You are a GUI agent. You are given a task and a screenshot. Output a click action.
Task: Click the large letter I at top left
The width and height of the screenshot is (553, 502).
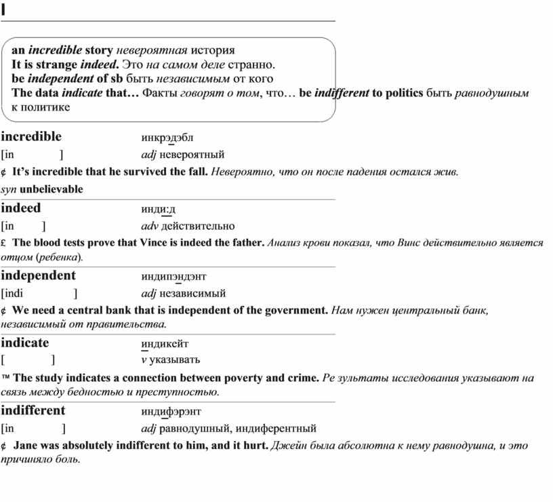click(x=3, y=9)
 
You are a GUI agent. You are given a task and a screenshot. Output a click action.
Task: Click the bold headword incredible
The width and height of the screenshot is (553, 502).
click(x=31, y=137)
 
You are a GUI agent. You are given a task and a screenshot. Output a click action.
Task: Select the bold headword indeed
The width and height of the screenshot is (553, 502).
click(x=21, y=208)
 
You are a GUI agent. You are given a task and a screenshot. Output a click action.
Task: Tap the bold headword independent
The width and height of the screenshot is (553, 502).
click(x=39, y=275)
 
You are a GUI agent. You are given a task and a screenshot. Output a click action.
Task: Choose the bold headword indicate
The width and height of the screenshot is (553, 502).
click(x=25, y=343)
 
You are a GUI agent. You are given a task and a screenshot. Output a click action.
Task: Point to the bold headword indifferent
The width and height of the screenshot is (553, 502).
click(x=33, y=410)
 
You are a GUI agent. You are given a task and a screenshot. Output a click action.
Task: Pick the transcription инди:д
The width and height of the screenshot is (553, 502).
click(x=159, y=209)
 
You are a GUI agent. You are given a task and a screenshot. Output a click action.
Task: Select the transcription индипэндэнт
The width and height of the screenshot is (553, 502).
click(x=173, y=276)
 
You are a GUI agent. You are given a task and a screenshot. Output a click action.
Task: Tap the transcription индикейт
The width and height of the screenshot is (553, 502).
click(x=165, y=343)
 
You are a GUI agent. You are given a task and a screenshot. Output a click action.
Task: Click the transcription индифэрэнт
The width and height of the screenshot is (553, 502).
click(x=171, y=411)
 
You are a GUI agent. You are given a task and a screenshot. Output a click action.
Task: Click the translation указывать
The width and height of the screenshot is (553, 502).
click(x=175, y=360)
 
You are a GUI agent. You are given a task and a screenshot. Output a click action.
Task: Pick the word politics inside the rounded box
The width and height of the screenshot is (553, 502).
click(x=403, y=92)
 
